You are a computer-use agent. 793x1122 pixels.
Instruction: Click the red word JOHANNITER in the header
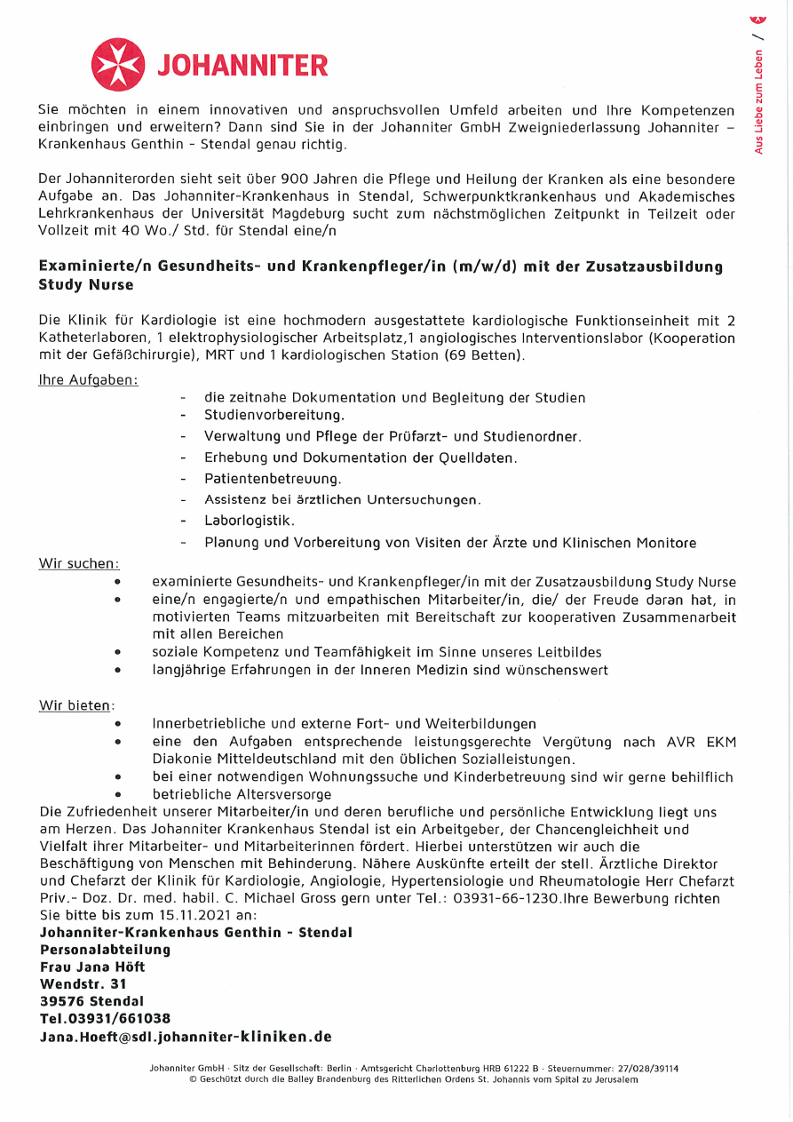[242, 66]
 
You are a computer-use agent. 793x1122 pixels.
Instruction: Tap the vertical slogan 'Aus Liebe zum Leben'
[759, 101]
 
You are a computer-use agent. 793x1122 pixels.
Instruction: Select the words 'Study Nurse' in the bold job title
[86, 285]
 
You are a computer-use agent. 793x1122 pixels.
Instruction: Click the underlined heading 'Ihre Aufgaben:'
[88, 379]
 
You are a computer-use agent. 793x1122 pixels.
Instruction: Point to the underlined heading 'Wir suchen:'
[79, 563]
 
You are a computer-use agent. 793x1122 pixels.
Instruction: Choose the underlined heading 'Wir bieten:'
[76, 705]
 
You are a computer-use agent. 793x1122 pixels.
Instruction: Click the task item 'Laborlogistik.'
[250, 521]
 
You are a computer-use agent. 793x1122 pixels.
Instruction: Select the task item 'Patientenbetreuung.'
[273, 479]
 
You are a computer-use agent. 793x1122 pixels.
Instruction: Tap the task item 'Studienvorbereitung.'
[274, 415]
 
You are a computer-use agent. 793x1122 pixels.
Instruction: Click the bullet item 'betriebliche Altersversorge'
[242, 794]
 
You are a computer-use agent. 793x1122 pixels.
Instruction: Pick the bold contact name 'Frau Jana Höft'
[92, 967]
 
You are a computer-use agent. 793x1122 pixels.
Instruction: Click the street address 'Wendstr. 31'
[83, 983]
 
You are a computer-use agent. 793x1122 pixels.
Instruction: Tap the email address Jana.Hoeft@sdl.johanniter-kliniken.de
[186, 1036]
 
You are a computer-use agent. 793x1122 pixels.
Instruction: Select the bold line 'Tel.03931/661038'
[105, 1018]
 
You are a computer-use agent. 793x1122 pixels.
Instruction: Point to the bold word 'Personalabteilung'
[105, 950]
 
